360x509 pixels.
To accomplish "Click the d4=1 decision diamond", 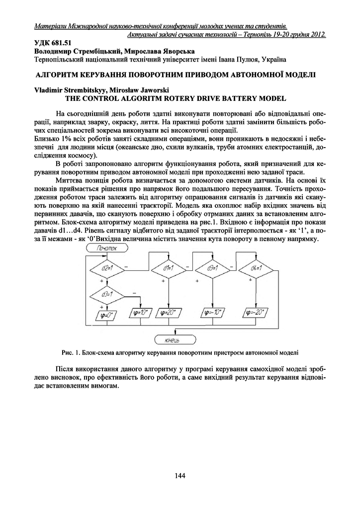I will [x=256, y=268].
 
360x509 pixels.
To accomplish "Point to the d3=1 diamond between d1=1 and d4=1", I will [x=212, y=268].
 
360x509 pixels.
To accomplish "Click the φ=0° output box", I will [x=105, y=314].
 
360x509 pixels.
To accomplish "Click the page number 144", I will [x=180, y=476].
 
